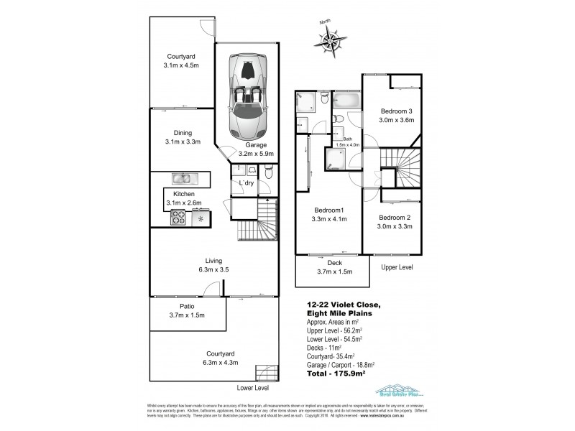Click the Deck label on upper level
pyautogui.click(x=334, y=264)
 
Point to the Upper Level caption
pyautogui.click(x=397, y=267)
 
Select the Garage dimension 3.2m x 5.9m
pyautogui.click(x=257, y=153)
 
